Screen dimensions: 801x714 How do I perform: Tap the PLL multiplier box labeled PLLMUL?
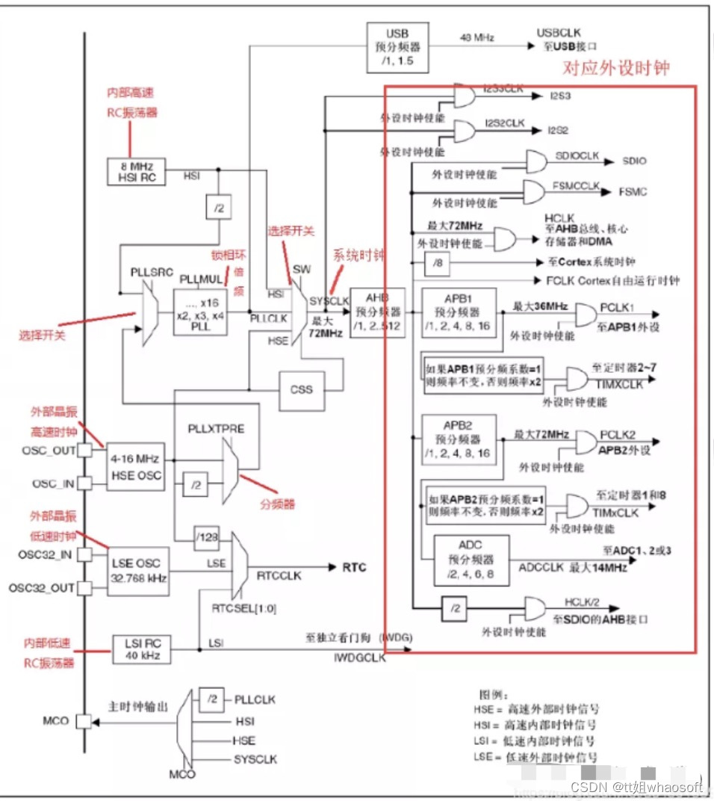coord(200,309)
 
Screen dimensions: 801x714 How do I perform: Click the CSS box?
coord(302,390)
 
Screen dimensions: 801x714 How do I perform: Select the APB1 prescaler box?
coord(459,313)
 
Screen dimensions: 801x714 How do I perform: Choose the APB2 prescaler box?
coord(459,440)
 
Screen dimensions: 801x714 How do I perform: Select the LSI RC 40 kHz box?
coord(141,649)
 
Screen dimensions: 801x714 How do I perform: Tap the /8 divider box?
coord(436,263)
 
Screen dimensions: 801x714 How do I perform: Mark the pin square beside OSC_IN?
coord(85,483)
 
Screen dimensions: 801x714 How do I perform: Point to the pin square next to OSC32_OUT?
coord(85,587)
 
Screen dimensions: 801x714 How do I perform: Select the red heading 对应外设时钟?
coord(615,69)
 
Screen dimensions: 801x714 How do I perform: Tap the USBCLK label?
coord(558,34)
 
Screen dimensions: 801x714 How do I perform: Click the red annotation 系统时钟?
coord(359,256)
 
